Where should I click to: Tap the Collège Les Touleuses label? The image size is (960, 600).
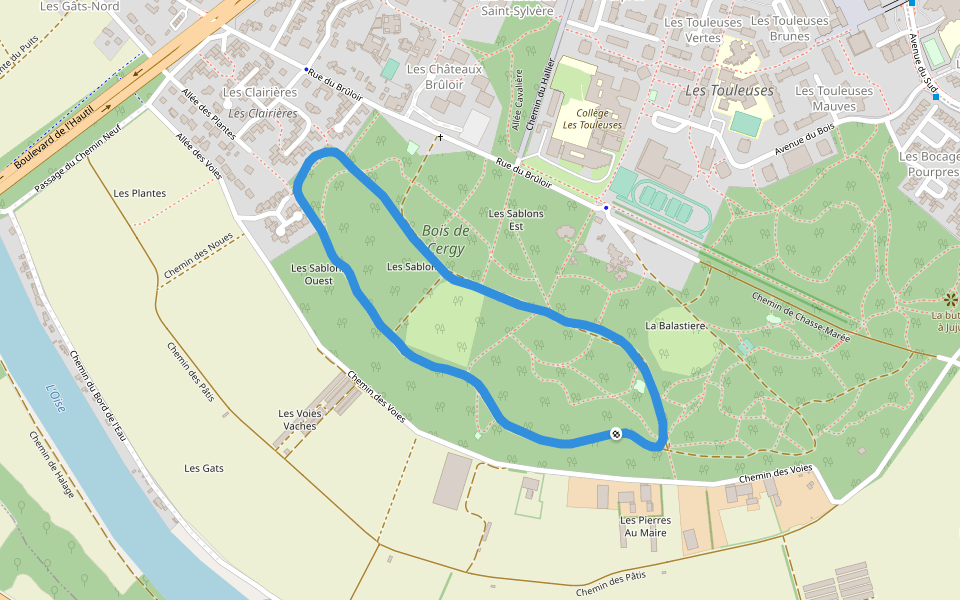(x=592, y=119)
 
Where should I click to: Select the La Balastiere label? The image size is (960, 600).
(x=676, y=326)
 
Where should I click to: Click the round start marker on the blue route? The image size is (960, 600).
(x=616, y=433)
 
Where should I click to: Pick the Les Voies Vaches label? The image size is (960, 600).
(x=299, y=420)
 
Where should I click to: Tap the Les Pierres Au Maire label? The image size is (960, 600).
(x=643, y=526)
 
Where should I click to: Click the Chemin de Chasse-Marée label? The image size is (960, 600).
(x=800, y=317)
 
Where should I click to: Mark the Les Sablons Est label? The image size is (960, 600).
(x=516, y=219)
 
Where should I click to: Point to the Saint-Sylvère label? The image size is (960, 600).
(x=517, y=11)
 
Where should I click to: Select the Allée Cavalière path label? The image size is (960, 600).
(x=518, y=101)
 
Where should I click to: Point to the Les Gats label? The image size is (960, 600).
(x=204, y=468)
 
